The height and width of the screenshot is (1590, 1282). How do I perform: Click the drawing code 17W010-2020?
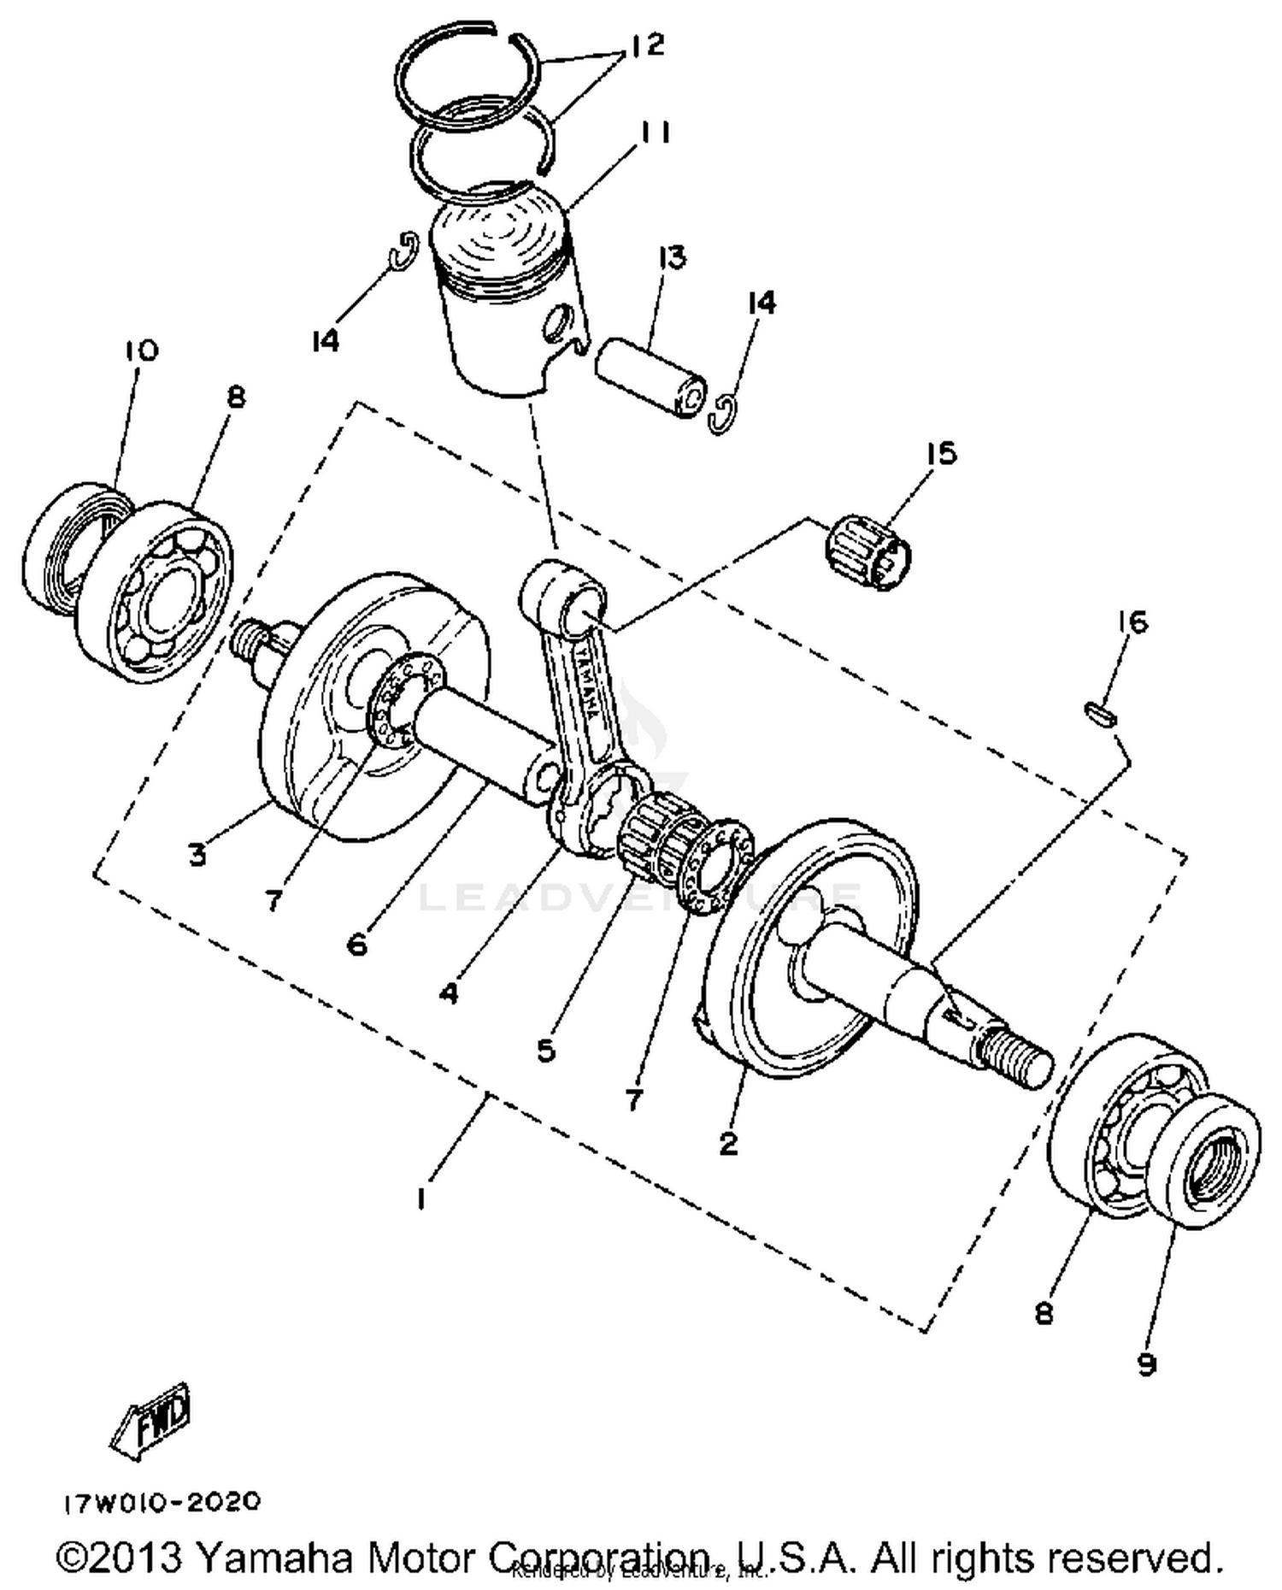point(161,1501)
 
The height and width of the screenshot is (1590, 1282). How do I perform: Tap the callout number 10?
point(141,350)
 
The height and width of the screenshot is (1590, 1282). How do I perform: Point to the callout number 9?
point(1146,1363)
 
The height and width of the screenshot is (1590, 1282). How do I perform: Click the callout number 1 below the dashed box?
point(420,1198)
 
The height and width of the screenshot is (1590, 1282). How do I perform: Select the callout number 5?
point(547,1050)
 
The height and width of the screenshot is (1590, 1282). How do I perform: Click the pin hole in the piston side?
point(557,322)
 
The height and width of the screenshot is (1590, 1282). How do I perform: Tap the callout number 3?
point(197,853)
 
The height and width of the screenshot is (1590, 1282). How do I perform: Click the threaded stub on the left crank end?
point(249,639)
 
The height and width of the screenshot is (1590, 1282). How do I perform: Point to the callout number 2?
point(728,1142)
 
